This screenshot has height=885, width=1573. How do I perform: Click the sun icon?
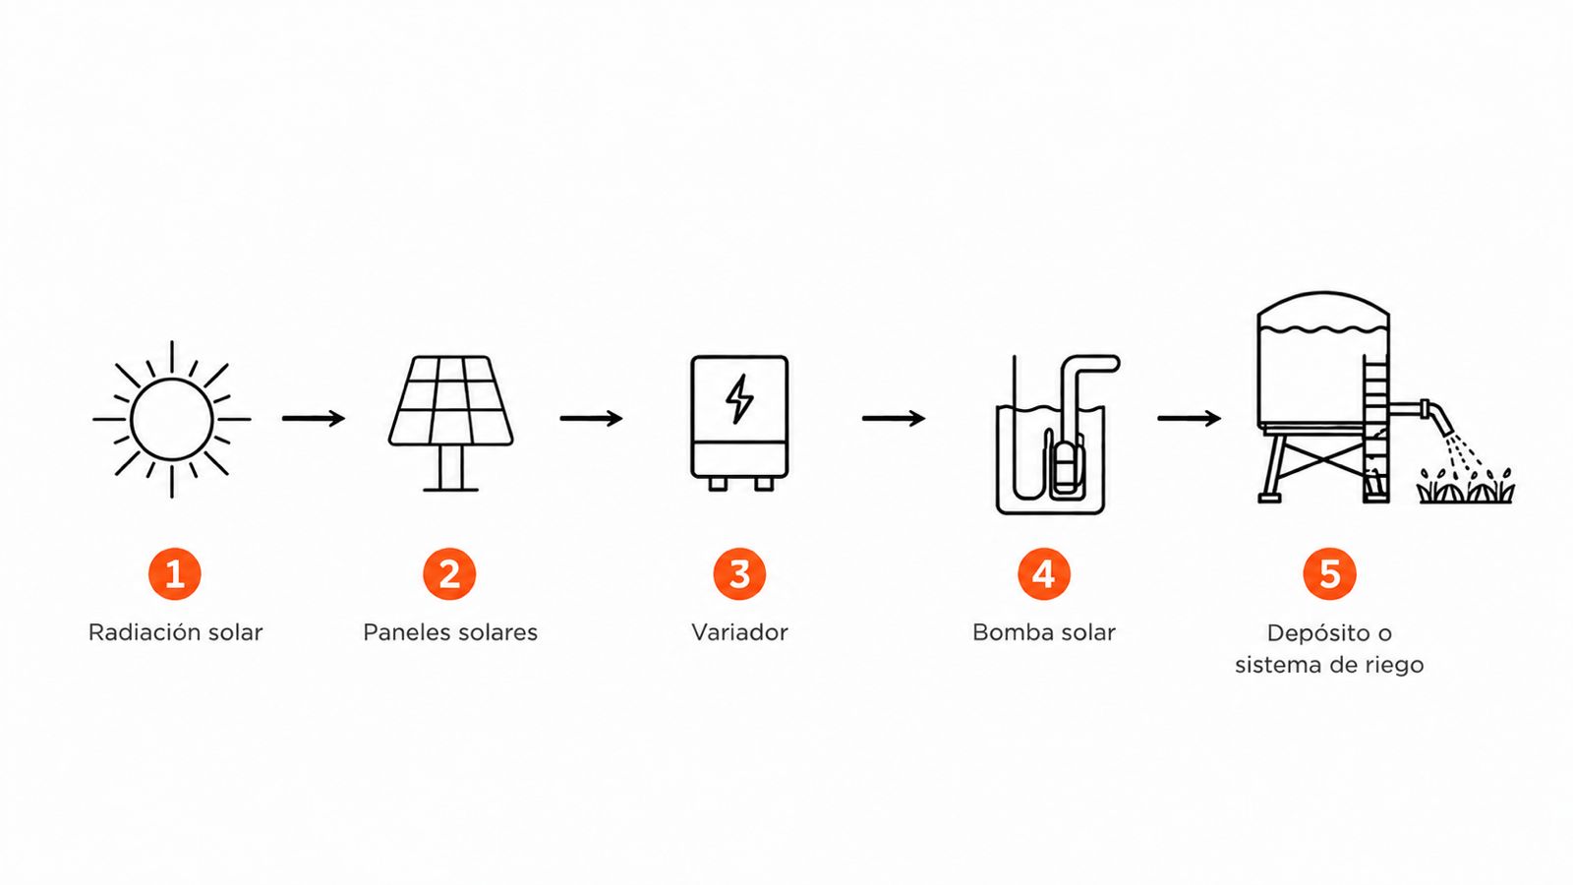(171, 419)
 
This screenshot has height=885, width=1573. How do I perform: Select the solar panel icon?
(451, 423)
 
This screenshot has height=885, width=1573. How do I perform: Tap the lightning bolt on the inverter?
(738, 399)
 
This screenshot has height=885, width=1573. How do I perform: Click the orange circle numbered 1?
(175, 574)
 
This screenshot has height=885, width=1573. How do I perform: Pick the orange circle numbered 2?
(449, 574)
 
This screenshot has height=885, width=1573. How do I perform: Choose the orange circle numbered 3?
(739, 574)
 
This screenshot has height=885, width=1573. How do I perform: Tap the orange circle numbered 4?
(1044, 574)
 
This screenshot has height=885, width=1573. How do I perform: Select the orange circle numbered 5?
(1329, 574)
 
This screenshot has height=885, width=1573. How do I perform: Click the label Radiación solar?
(176, 632)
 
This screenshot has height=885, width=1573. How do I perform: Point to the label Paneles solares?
(450, 632)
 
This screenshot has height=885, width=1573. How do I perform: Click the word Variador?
(739, 632)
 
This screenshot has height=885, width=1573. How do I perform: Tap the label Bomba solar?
(1044, 632)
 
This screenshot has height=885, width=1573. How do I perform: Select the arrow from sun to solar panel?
(314, 419)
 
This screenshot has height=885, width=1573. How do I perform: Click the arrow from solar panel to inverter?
(591, 419)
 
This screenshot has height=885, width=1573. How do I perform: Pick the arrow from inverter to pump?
(894, 419)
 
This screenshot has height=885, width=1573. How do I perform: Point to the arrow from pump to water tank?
(1189, 419)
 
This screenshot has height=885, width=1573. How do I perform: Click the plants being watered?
(1466, 486)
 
